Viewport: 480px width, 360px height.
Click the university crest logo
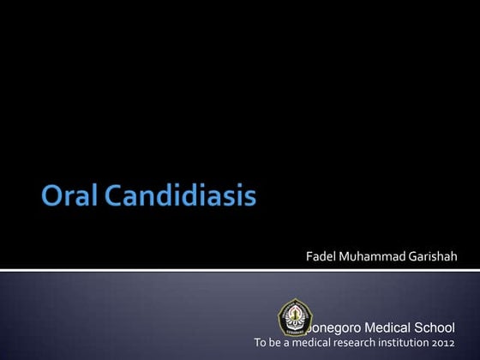tap(295, 316)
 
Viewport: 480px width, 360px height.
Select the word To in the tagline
tap(261, 343)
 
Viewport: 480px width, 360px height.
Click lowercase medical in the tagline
tap(312, 343)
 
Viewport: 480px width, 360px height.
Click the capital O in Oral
tap(51, 199)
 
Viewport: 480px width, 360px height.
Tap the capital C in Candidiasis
tap(113, 199)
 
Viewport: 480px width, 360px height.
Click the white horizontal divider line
tap(240, 270)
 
